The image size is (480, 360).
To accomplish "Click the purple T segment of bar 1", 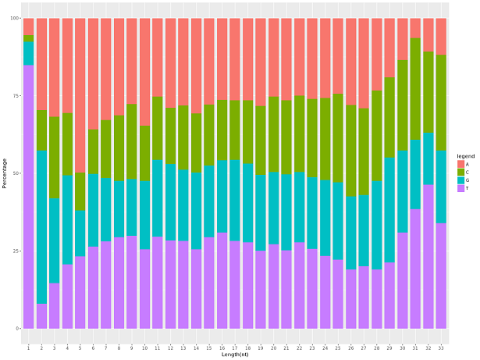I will pyautogui.click(x=28, y=195).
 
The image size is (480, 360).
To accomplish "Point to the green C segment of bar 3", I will pyautogui.click(x=54, y=157).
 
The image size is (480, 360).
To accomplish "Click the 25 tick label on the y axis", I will pyautogui.click(x=14, y=251).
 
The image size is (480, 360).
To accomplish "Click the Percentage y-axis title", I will pyautogui.click(x=5, y=173).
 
